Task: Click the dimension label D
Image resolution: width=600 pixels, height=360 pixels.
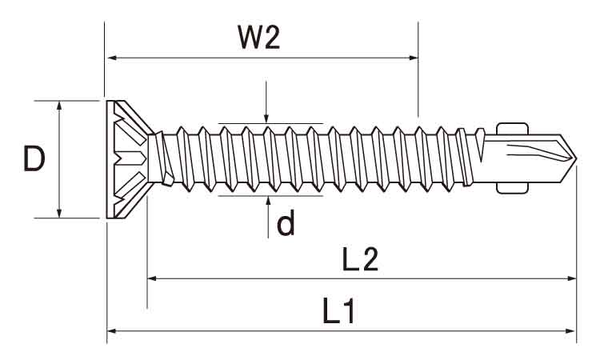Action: (34, 159)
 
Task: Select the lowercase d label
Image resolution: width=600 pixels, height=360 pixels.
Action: (286, 224)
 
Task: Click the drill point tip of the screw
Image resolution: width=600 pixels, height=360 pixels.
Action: (574, 158)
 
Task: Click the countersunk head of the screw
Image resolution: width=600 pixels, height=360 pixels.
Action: (128, 159)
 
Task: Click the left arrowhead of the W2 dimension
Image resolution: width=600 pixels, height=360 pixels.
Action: (112, 58)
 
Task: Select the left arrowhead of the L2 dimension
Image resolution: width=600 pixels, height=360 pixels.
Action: (152, 278)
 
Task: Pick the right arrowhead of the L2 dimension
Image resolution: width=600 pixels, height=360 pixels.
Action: (571, 278)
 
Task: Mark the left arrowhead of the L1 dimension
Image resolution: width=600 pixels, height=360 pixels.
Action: (112, 330)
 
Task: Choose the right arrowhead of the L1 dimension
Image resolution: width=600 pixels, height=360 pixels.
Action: (571, 330)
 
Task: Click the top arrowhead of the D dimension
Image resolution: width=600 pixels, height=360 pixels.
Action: (59, 106)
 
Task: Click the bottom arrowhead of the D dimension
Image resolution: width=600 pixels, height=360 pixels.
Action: (59, 212)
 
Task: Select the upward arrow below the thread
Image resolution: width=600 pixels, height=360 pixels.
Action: (266, 201)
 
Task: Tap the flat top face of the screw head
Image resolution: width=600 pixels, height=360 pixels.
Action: (107, 159)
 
